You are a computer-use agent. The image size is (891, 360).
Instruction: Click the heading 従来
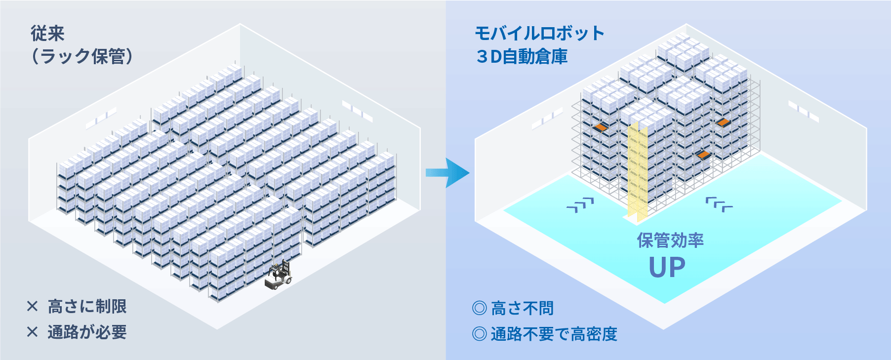tap(48, 34)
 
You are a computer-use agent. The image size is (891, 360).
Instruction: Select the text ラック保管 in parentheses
tap(82, 56)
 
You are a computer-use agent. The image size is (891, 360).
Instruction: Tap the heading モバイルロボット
tap(539, 34)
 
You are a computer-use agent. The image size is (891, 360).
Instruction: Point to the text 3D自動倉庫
tap(522, 57)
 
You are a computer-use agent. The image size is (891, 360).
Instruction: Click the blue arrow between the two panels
tap(447, 173)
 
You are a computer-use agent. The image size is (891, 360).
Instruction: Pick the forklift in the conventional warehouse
tap(279, 276)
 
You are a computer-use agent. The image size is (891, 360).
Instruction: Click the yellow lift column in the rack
tap(637, 170)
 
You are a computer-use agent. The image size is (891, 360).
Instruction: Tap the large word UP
tap(667, 268)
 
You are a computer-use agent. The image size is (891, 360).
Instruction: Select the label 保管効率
tap(670, 240)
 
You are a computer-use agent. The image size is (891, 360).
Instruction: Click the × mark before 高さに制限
tap(33, 307)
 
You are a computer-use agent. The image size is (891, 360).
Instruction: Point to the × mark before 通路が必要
tap(33, 332)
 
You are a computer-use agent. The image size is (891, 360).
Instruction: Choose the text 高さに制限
tap(87, 307)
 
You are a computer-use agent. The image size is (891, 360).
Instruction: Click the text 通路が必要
tap(87, 332)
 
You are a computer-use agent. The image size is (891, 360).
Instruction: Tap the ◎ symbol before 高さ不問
tap(480, 308)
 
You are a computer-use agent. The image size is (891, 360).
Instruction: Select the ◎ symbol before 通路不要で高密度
tap(480, 334)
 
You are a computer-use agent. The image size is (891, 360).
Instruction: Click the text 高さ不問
tap(523, 308)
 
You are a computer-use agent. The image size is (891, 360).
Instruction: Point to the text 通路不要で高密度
tap(554, 334)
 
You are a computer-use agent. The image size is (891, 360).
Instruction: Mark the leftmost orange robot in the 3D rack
tap(601, 127)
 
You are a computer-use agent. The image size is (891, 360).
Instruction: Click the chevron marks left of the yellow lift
tap(580, 205)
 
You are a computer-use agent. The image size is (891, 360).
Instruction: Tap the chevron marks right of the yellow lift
tap(719, 204)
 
